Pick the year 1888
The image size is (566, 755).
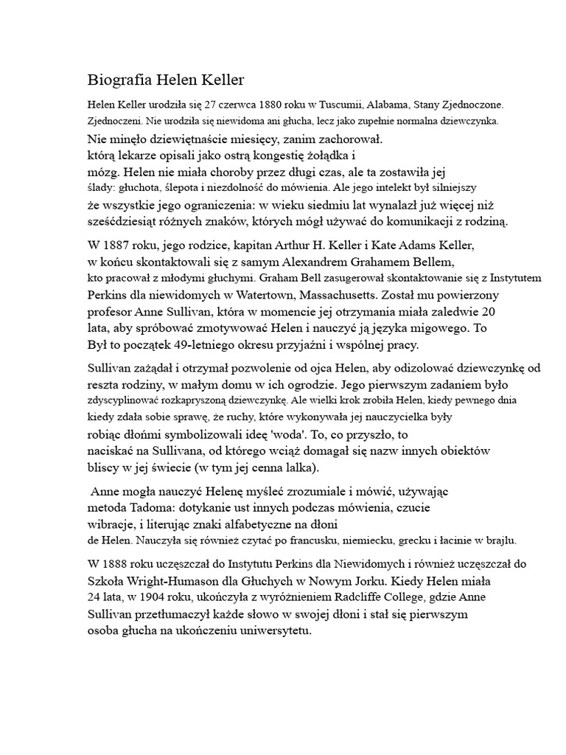119,564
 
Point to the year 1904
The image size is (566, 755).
146,597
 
